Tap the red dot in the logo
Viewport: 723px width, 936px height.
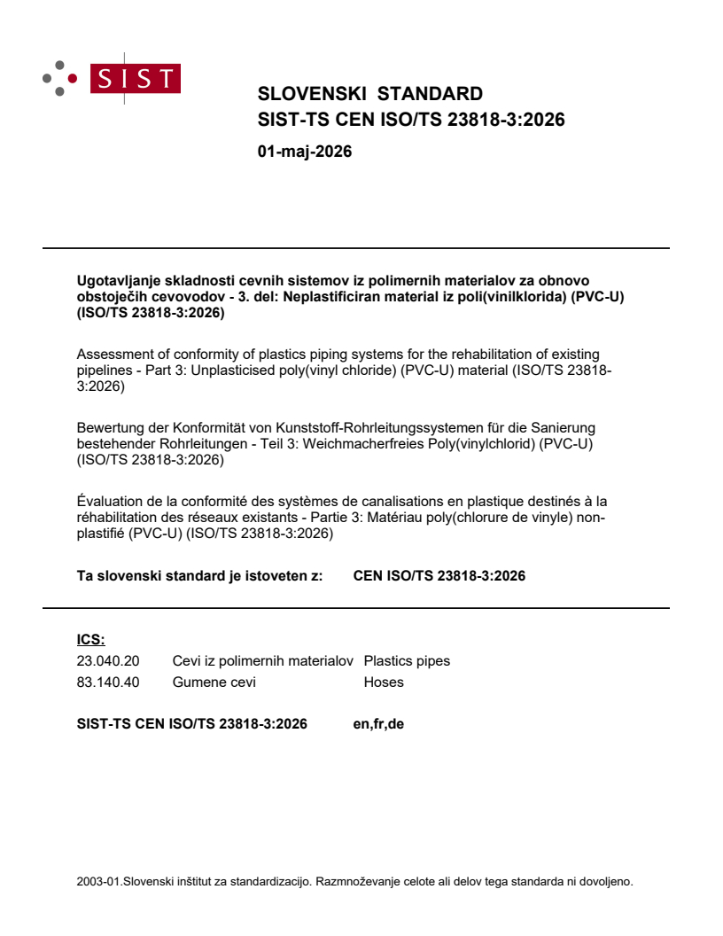(x=73, y=78)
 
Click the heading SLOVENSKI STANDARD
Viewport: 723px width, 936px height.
(x=369, y=94)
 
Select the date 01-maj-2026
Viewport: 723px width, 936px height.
(x=304, y=152)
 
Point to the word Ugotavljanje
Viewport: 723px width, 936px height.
(x=115, y=281)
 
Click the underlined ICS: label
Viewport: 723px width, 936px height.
(x=90, y=640)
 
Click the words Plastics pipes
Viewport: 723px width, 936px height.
(x=407, y=660)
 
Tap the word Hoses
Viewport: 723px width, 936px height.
(x=383, y=682)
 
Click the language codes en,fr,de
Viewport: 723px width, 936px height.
(x=378, y=724)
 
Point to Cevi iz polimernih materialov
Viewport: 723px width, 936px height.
(x=263, y=660)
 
